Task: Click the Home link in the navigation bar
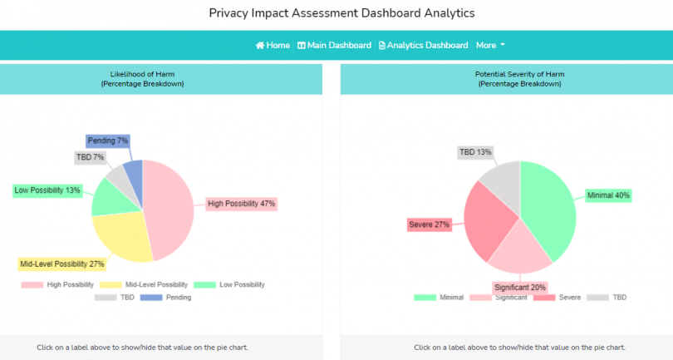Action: [x=273, y=45]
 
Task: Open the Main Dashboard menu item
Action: [x=334, y=45]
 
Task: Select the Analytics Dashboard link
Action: [x=423, y=45]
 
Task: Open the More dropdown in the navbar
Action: [x=490, y=45]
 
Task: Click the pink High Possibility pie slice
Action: [x=170, y=208]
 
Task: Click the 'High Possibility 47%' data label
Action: [x=241, y=203]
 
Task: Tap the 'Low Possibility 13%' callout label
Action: [x=47, y=190]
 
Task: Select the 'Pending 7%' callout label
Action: [x=107, y=141]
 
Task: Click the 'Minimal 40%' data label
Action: [x=608, y=195]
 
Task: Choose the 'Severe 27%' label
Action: [x=429, y=224]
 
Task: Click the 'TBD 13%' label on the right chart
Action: [x=474, y=152]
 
